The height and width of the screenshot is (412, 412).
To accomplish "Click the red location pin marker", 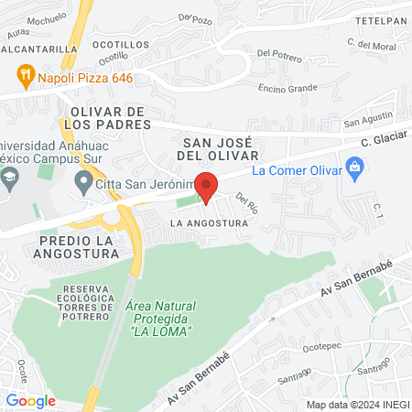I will pos(207,187).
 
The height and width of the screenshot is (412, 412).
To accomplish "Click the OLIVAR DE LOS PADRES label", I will pos(108,117).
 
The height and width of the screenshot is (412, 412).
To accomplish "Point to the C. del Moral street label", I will pos(371,44).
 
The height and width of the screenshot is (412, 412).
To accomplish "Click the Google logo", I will pos(31,400).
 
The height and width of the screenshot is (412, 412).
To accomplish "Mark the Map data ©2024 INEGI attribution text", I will pos(356,404).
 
